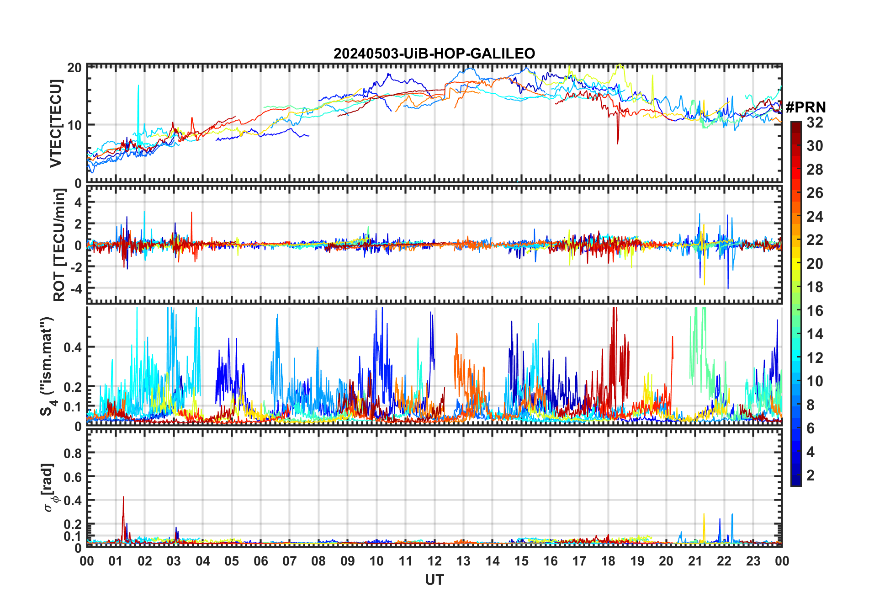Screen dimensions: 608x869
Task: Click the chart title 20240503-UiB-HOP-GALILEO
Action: (434, 54)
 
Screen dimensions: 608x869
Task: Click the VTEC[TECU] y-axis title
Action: (56, 123)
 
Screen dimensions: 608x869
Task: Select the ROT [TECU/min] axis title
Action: (59, 245)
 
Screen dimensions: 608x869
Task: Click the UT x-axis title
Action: (434, 580)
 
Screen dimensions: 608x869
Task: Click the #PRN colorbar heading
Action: (805, 107)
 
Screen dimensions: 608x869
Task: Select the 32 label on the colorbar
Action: (815, 123)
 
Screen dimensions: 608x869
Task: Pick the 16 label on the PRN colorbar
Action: (815, 311)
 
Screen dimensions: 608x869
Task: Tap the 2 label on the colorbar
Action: (811, 475)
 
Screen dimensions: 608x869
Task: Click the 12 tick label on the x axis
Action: (434, 561)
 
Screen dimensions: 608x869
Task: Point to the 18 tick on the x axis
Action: (608, 561)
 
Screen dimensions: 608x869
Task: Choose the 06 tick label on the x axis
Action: (260, 561)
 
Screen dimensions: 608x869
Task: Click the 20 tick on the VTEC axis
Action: (74, 68)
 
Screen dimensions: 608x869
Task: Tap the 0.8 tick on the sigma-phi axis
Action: (73, 453)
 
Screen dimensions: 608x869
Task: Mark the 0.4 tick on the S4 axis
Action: (73, 347)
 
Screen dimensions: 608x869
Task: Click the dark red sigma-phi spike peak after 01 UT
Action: (123, 497)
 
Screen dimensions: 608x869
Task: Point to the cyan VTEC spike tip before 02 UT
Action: (138, 85)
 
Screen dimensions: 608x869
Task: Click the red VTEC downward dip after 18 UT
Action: (618, 143)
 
